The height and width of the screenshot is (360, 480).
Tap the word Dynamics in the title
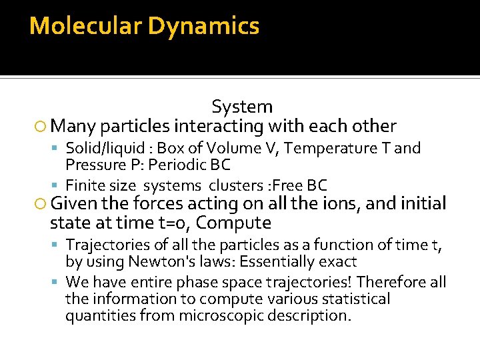pos(203,26)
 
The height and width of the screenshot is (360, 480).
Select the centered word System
pos(242,107)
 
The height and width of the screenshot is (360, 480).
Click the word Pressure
pos(93,164)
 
